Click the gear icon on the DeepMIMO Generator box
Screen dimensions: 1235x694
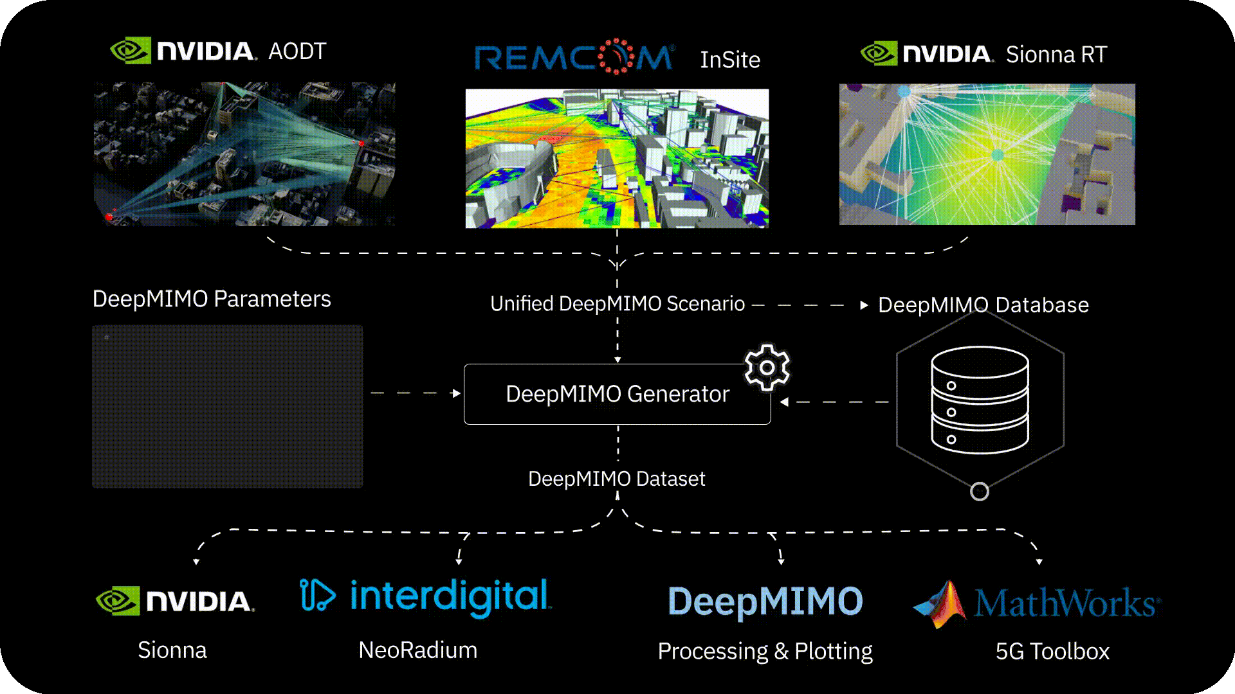(767, 368)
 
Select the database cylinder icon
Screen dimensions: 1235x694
(980, 400)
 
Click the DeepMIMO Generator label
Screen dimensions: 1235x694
(617, 394)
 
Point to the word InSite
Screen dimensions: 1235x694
(730, 60)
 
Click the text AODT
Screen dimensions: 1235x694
(297, 51)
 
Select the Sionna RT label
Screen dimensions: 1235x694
(1056, 55)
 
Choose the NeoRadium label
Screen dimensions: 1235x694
(418, 650)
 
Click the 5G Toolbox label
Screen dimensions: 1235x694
(1053, 652)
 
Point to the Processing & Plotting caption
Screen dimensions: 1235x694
(765, 652)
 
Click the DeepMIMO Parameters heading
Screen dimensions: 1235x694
(212, 299)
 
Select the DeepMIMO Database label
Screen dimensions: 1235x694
(983, 305)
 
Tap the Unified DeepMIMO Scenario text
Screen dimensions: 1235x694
(617, 304)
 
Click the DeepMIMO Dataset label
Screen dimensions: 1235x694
(617, 479)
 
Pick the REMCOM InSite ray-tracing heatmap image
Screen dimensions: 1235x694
(617, 159)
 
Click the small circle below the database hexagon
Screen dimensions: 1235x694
(980, 492)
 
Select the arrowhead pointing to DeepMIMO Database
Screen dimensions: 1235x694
(864, 305)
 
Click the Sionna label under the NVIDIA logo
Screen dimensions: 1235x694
(172, 650)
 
